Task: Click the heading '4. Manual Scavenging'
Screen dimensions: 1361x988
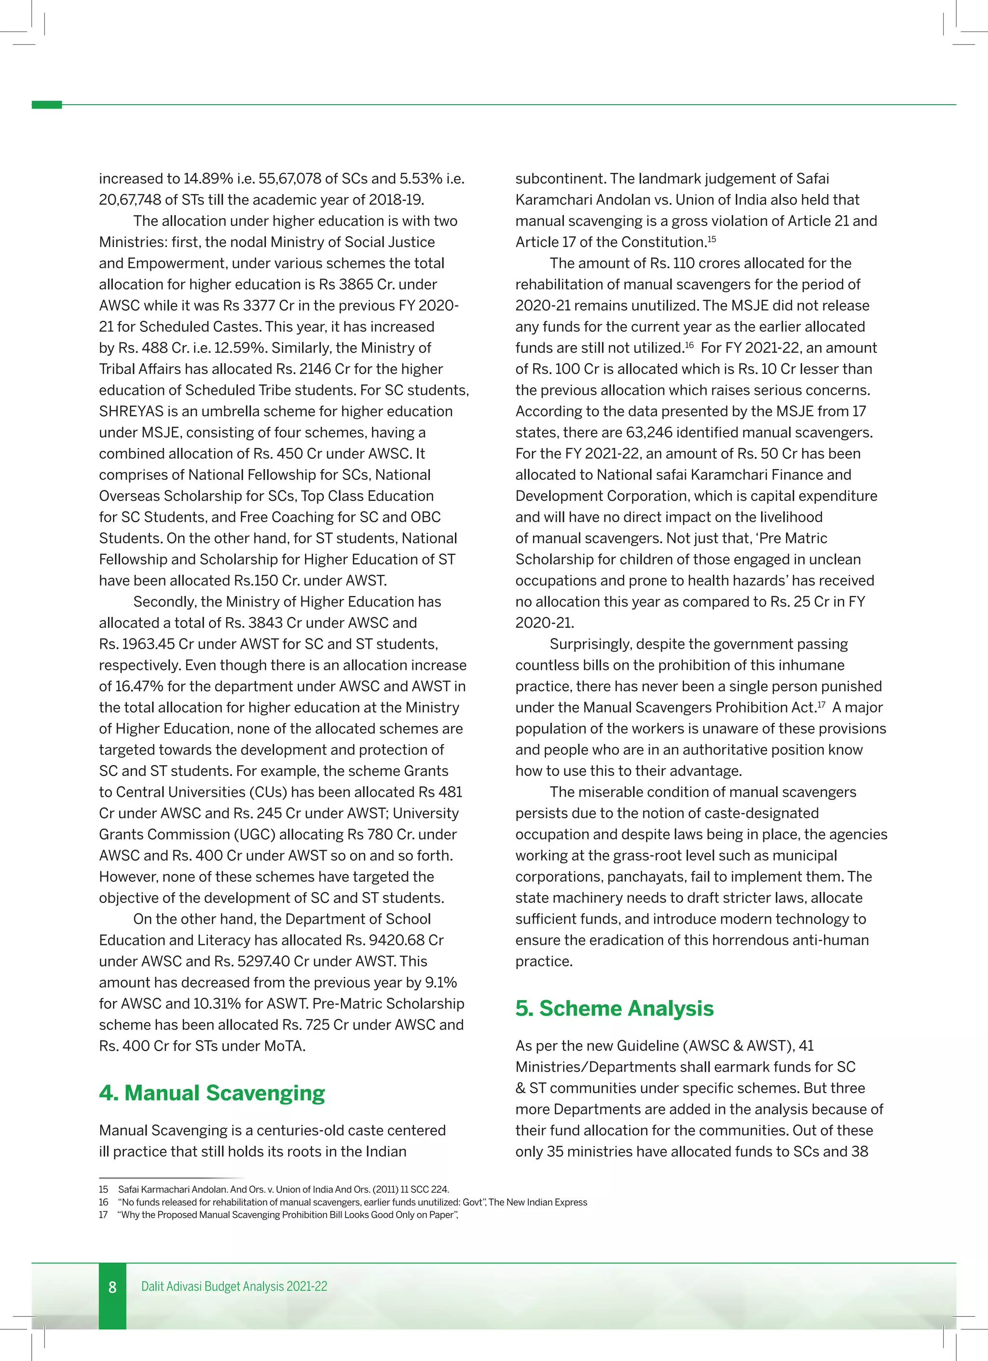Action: click(x=212, y=1093)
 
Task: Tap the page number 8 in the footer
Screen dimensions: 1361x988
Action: click(x=112, y=1287)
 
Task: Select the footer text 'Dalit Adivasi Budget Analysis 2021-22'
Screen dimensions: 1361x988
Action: click(x=234, y=1287)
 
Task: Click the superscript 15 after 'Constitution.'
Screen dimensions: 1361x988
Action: click(x=712, y=239)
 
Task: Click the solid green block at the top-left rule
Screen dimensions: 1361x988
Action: click(x=47, y=105)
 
